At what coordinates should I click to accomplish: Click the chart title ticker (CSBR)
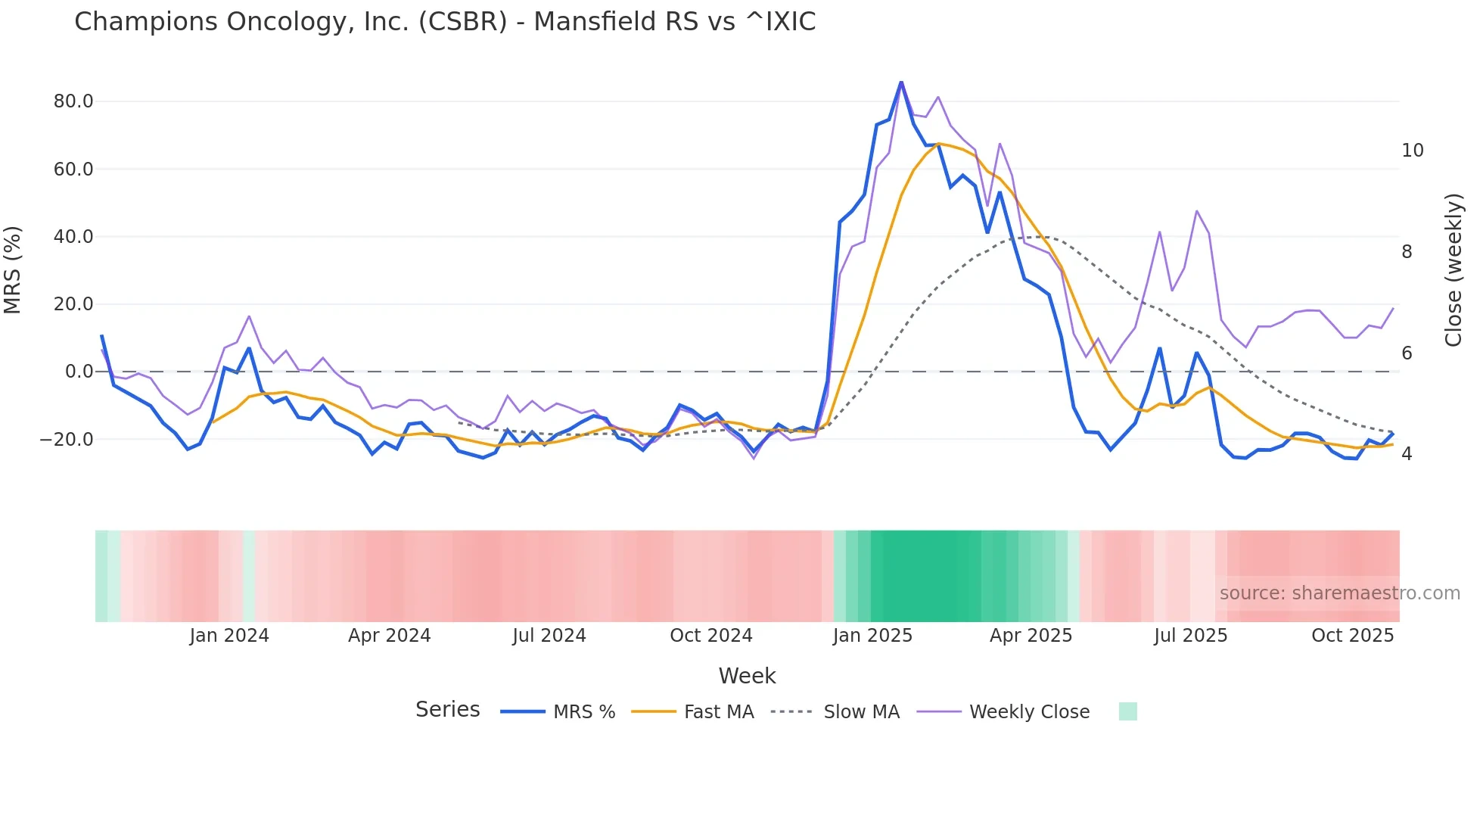point(462,22)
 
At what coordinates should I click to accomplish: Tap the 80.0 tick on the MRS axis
point(73,101)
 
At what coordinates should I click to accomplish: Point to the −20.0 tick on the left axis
point(67,440)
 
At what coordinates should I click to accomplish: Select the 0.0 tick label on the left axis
point(79,372)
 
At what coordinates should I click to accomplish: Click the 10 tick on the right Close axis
point(1412,151)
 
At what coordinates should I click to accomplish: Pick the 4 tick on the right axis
point(1407,454)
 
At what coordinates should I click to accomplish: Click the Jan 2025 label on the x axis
point(872,636)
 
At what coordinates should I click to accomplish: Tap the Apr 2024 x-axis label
point(389,636)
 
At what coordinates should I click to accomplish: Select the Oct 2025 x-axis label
point(1352,636)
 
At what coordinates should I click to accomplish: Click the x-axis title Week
point(747,676)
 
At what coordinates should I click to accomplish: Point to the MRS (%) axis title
point(13,270)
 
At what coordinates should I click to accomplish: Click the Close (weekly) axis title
point(1453,270)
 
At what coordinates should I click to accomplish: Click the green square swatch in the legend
point(1127,711)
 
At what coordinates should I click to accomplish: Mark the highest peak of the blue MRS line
point(901,82)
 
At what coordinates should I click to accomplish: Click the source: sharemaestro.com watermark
point(1339,593)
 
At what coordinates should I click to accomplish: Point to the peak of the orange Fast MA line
point(938,143)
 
